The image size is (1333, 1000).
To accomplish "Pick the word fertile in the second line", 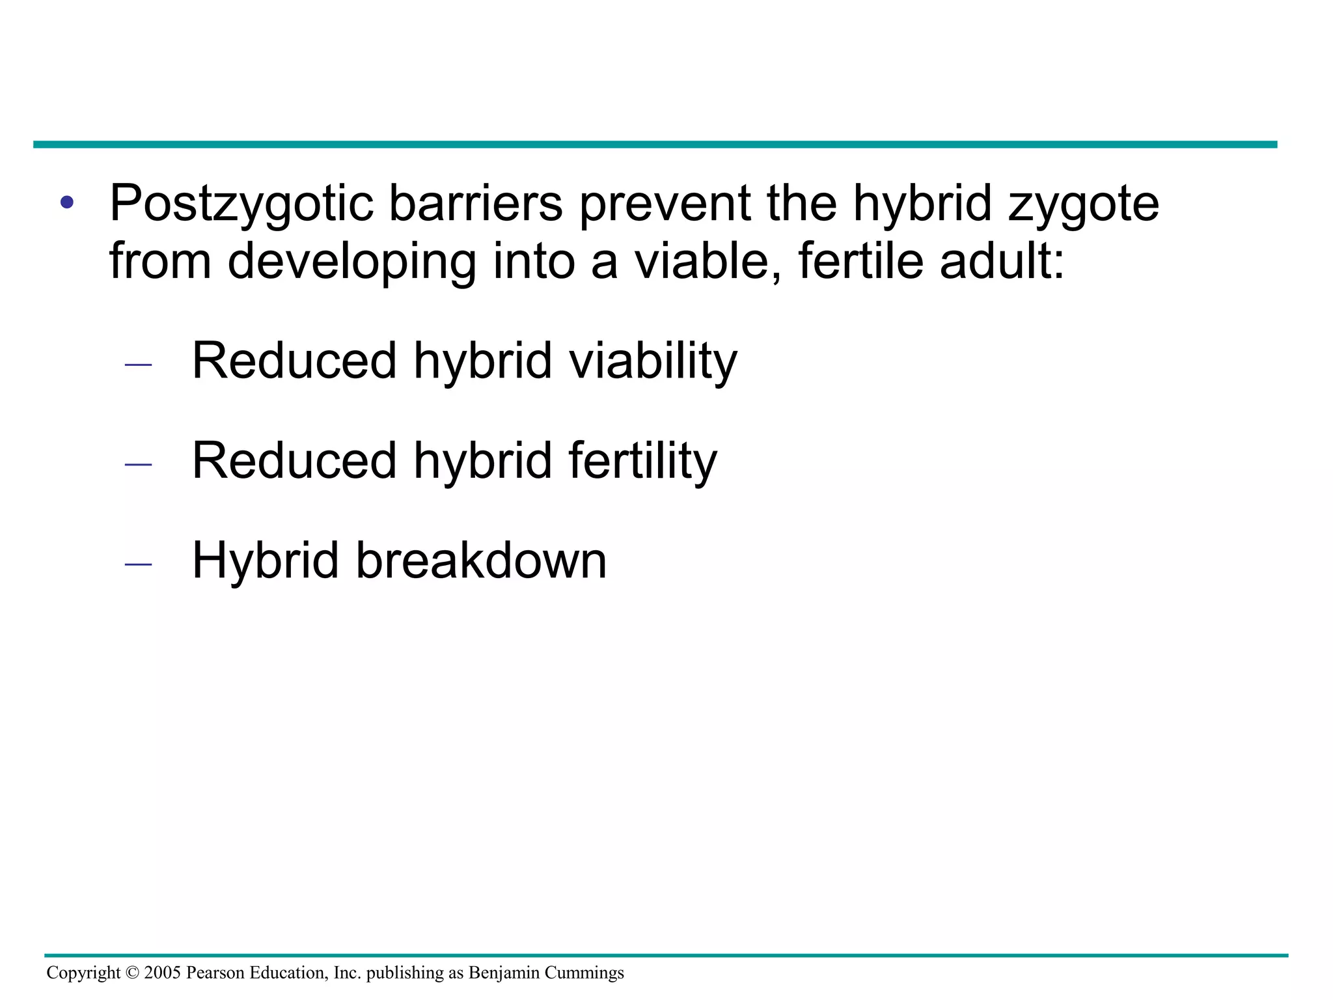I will pyautogui.click(x=860, y=260).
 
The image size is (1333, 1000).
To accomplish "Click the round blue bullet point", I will pyautogui.click(x=67, y=202).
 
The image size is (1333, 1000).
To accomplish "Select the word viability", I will pyautogui.click(x=653, y=362).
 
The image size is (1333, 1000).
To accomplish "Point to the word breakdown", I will pyautogui.click(x=481, y=561).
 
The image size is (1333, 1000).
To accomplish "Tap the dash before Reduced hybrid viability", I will pyautogui.click(x=138, y=365).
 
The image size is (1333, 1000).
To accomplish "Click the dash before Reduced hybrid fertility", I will pyautogui.click(x=138, y=465).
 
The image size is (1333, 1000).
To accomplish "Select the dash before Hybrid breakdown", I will pyautogui.click(x=138, y=564).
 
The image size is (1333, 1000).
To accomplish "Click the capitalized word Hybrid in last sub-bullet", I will pyautogui.click(x=265, y=562).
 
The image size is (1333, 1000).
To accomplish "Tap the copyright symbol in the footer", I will pyautogui.click(x=132, y=973).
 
